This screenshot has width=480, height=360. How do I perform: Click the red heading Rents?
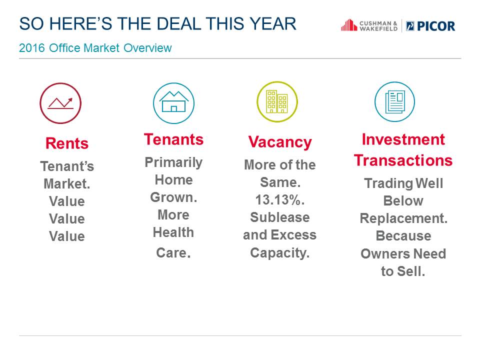click(x=67, y=143)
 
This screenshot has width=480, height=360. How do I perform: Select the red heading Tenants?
click(x=173, y=139)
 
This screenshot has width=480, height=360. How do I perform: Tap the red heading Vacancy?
click(x=280, y=142)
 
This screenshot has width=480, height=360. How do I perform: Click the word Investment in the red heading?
click(x=403, y=139)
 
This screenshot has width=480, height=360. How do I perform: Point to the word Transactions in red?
click(x=403, y=160)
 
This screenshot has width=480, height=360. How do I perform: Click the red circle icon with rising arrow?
click(x=60, y=103)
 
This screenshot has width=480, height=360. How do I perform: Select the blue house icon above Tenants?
click(x=173, y=103)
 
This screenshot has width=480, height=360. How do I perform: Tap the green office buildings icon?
click(x=277, y=101)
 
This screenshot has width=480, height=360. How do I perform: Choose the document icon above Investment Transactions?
click(x=395, y=101)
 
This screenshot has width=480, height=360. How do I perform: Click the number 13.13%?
click(x=280, y=200)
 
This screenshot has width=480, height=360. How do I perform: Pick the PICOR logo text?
click(x=430, y=26)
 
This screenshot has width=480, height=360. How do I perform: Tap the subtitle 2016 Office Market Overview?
click(x=95, y=48)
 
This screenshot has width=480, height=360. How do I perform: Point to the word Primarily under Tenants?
click(x=173, y=162)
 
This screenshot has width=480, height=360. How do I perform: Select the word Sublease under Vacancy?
click(x=280, y=217)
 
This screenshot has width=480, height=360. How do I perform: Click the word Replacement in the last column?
click(x=403, y=218)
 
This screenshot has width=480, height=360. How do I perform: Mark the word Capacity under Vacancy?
click(x=280, y=253)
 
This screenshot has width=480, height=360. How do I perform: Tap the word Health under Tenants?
click(x=173, y=232)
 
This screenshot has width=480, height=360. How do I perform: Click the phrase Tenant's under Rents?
click(x=67, y=166)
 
